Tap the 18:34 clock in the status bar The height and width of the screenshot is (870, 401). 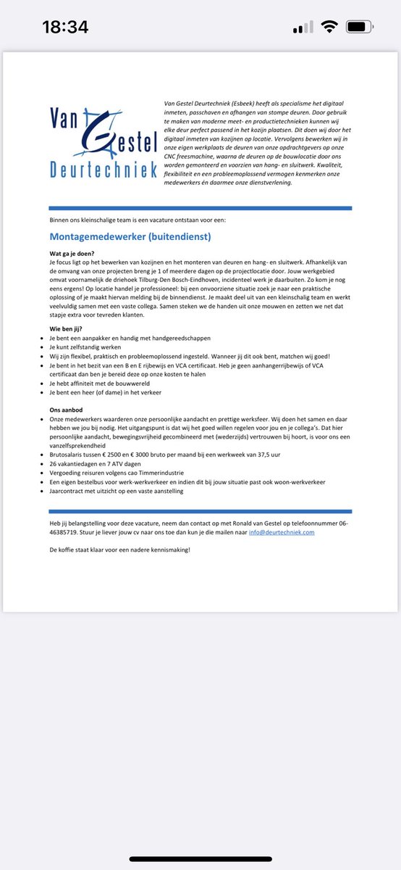point(65,28)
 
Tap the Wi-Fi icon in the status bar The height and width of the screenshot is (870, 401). point(330,28)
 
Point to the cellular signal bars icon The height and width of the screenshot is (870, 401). point(303,28)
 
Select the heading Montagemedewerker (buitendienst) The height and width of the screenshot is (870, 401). point(130,236)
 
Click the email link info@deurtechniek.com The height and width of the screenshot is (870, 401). point(282,531)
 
